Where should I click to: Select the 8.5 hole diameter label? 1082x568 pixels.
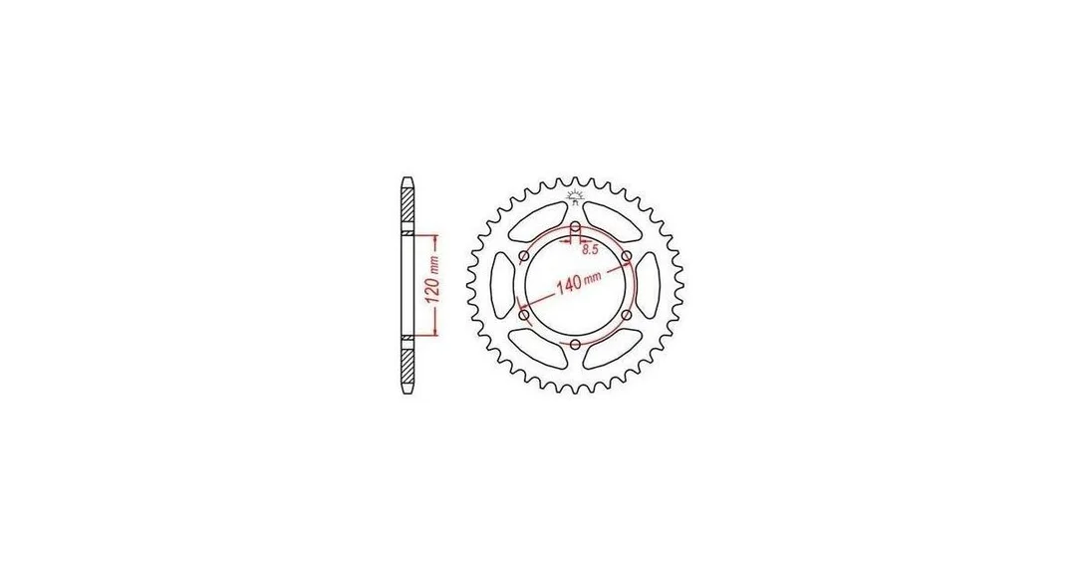coord(589,250)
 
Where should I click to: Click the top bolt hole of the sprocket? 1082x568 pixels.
coord(575,227)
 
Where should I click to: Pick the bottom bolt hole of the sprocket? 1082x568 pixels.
coord(575,343)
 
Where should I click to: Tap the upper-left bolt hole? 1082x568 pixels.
coord(524,257)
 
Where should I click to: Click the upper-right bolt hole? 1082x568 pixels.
coord(626,257)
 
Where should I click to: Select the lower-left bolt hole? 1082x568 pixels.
coord(524,315)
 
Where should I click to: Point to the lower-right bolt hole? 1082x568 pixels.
coord(626,315)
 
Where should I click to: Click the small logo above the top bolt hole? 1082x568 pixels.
coord(575,196)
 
